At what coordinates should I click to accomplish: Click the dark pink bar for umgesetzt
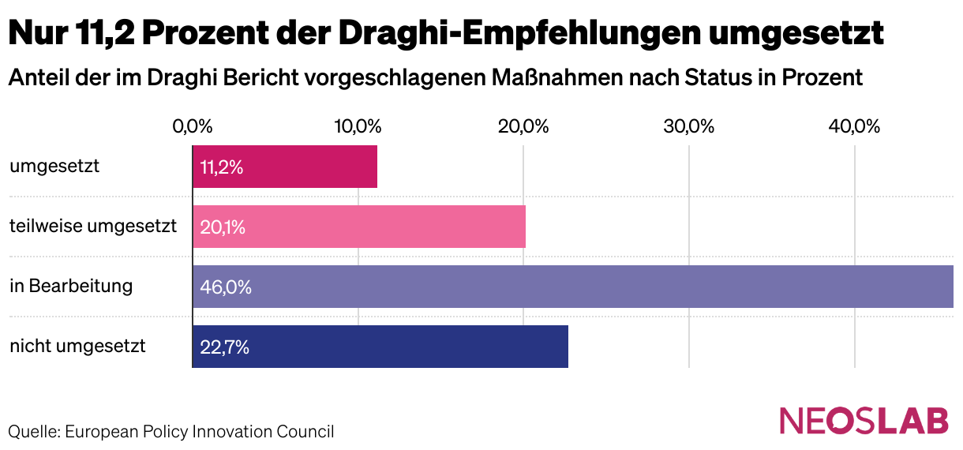point(285,167)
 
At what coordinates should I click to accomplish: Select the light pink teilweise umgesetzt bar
point(359,227)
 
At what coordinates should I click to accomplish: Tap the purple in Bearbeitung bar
point(572,287)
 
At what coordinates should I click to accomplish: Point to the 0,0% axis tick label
point(193,126)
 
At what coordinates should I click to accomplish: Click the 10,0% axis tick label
point(358,126)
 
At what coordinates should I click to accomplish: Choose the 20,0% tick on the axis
point(524,126)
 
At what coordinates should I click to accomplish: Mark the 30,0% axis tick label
point(689,126)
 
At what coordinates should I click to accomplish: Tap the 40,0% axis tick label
point(855,126)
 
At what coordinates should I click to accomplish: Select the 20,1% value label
point(223,227)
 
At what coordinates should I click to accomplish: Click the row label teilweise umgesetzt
point(93,227)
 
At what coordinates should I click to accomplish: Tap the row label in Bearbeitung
point(71,286)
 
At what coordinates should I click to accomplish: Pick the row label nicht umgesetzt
point(77,346)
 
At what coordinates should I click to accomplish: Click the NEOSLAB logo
point(864,421)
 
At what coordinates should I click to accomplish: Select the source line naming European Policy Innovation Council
point(171,432)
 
